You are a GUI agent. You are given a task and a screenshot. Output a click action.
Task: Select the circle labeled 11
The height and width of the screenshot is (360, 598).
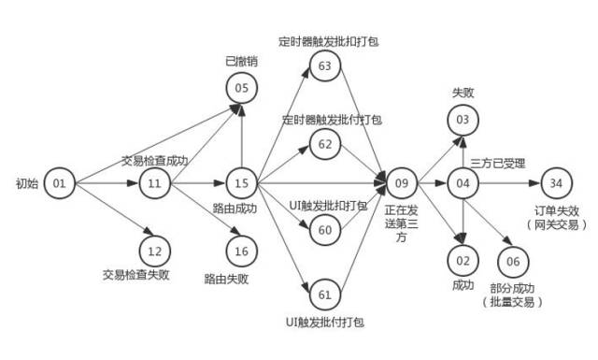click(x=155, y=182)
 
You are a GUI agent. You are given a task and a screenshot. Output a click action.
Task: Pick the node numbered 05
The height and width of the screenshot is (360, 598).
click(x=241, y=88)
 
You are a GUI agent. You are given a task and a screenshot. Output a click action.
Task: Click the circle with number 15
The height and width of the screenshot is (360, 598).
click(x=241, y=182)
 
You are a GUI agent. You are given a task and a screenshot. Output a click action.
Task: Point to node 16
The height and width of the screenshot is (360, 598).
click(x=241, y=250)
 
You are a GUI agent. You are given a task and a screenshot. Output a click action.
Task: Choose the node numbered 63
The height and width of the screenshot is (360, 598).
click(x=325, y=65)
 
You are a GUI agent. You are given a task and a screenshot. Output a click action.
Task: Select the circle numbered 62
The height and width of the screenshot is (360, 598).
click(x=325, y=143)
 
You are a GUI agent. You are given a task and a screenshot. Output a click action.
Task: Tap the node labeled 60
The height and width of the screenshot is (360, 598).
click(x=325, y=229)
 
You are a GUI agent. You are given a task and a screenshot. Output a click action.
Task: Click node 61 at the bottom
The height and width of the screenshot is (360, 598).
click(x=325, y=295)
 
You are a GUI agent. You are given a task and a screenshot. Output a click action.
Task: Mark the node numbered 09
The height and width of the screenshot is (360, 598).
click(x=402, y=182)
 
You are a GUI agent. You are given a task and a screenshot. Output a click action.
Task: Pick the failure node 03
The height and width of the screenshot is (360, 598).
click(x=463, y=120)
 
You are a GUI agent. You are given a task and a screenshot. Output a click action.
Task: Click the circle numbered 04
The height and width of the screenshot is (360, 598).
click(x=463, y=182)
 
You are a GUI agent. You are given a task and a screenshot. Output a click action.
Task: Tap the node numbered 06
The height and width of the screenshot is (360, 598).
click(x=513, y=260)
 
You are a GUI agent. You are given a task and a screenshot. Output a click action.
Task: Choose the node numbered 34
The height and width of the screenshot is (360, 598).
click(x=557, y=182)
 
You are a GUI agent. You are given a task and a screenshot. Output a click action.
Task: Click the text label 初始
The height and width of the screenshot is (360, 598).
click(x=28, y=182)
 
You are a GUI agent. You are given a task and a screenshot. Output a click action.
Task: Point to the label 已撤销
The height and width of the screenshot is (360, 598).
click(x=241, y=62)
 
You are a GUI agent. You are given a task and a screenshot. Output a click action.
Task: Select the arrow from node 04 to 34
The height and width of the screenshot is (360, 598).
click(x=509, y=182)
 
